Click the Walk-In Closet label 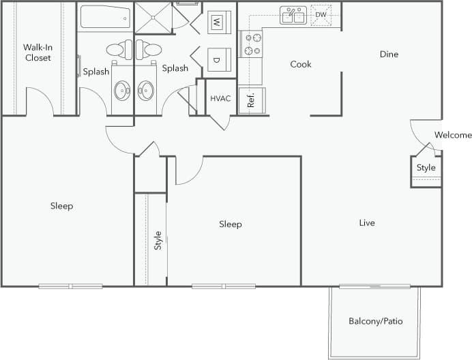pos(38,52)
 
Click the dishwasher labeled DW pos(321,14)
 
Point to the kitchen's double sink pos(294,15)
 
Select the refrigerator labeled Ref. pos(252,100)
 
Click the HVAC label pos(220,99)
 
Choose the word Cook pos(301,64)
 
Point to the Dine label pos(389,55)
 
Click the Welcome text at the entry pos(453,135)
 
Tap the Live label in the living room pos(367,222)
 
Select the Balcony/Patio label pos(375,320)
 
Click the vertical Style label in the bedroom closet pos(158,239)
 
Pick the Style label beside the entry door pos(426,168)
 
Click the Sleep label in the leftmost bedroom pos(61,206)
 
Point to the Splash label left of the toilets pos(95,72)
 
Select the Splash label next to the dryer pos(175,68)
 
